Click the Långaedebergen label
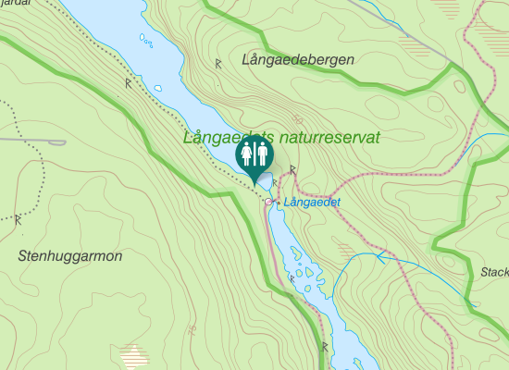pos(297,60)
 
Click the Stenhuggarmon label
pos(69,256)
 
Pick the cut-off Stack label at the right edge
pos(495,272)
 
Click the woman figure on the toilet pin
pos(246,154)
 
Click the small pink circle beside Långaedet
pos(268,202)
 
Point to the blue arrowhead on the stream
pos(380,256)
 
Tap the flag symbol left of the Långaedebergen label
pos(218,64)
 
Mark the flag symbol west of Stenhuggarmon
pos(18,220)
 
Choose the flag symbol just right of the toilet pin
pos(292,169)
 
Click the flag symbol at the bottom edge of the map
pos(325,347)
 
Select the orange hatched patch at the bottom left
pos(135,354)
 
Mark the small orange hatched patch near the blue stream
pos(345,249)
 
